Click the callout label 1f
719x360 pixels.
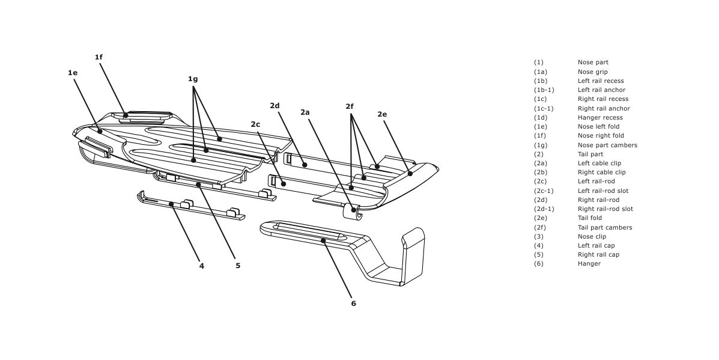click(99, 57)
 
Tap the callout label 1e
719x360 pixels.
click(73, 73)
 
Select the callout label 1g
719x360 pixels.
click(193, 79)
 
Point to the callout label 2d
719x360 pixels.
click(275, 106)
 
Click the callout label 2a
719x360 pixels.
click(305, 112)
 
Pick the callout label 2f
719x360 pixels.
click(350, 106)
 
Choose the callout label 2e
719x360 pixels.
click(382, 114)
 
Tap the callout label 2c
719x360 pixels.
click(255, 124)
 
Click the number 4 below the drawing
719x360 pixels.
click(202, 265)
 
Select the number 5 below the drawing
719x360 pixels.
click(238, 265)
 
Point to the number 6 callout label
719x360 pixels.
click(353, 304)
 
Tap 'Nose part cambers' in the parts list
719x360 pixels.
click(607, 145)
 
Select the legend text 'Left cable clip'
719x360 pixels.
click(599, 163)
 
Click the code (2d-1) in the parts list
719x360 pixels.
click(544, 209)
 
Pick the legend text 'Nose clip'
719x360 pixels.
click(592, 236)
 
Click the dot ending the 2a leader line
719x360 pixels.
click(354, 210)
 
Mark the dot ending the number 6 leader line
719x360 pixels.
click(323, 240)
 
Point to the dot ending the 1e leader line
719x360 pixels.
click(100, 131)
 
